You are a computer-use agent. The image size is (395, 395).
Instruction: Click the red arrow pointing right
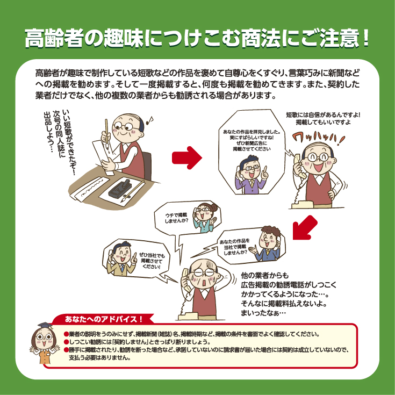coord(187,157)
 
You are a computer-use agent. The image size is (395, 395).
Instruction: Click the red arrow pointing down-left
coord(304,228)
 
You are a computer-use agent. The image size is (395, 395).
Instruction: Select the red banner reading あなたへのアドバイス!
coord(103,319)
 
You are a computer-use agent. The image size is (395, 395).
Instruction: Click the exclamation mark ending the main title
coord(366,38)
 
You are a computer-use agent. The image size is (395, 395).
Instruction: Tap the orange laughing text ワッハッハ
coord(318,139)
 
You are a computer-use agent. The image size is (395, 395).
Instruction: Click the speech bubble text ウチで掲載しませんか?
coord(176,218)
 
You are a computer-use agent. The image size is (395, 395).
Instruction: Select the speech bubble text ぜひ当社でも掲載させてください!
coord(152,261)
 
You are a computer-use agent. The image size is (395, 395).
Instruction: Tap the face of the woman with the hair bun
coord(203,213)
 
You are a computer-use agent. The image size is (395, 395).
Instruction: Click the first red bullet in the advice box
coord(66,334)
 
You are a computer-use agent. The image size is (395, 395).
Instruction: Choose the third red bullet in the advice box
coord(66,350)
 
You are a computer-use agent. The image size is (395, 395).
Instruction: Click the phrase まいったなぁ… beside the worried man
coord(263,313)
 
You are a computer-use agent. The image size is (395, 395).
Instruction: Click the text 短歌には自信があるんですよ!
coord(323,115)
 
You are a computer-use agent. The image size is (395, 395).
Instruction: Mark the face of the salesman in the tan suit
coord(122,253)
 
